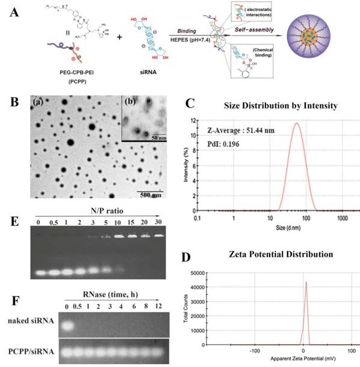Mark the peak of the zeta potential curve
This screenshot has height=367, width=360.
coord(306,282)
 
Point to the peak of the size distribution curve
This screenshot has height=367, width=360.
coord(297,124)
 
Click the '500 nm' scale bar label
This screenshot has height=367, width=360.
coord(150,195)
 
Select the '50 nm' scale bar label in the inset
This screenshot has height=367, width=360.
coord(159,137)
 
